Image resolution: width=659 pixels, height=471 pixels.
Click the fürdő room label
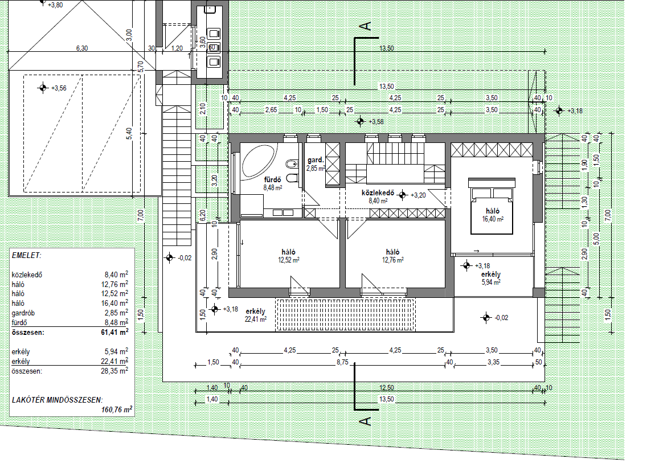(272, 180)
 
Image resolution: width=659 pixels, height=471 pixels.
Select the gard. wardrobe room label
(316, 159)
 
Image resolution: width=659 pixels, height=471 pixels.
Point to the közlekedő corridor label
(378, 193)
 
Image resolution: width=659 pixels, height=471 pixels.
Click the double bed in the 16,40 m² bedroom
(492, 205)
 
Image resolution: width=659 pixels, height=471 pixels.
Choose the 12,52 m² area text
(289, 260)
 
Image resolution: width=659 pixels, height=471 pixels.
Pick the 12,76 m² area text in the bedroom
(392, 260)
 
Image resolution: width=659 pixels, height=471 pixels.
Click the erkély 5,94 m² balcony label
(491, 278)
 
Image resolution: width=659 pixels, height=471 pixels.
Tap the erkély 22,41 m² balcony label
(256, 315)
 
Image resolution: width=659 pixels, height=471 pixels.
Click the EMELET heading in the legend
(26, 256)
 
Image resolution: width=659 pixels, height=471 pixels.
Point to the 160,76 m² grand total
(117, 409)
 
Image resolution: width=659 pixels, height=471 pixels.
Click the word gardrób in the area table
(23, 313)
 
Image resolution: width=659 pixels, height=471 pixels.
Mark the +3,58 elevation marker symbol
(360, 121)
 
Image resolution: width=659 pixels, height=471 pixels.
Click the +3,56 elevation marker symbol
(43, 88)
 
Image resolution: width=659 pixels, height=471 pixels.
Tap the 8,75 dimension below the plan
(342, 362)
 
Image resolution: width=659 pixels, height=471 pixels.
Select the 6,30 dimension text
(82, 48)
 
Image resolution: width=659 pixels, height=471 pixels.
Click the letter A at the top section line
(366, 26)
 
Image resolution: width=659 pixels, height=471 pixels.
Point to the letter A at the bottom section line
(366, 420)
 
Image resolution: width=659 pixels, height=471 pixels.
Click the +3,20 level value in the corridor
(418, 195)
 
